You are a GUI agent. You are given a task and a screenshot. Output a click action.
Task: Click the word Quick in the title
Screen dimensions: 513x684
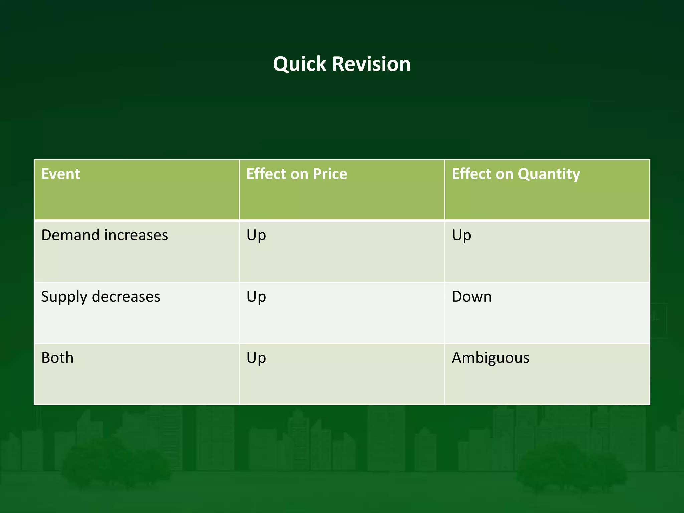[299, 64]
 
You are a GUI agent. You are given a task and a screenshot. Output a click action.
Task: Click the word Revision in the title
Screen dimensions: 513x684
[371, 64]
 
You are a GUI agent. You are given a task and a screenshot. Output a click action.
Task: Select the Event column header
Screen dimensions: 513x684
[61, 174]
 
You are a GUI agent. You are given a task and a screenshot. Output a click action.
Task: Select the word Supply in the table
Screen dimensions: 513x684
[64, 297]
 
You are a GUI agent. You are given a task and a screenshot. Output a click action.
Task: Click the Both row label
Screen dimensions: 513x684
[57, 358]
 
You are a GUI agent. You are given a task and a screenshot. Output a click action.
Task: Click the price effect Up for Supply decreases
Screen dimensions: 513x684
[256, 297]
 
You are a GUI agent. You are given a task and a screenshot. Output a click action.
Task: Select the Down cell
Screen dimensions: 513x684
[472, 297]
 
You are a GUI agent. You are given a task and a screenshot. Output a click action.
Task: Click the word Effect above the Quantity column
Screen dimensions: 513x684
[471, 174]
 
